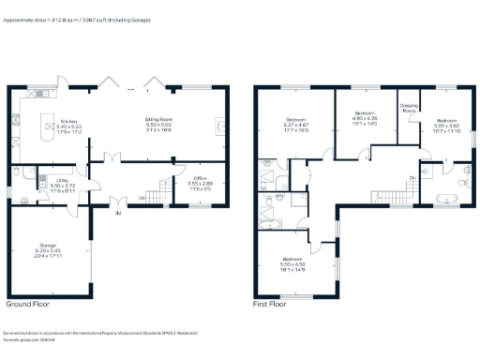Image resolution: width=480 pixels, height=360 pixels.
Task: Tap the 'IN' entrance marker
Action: (x=118, y=215)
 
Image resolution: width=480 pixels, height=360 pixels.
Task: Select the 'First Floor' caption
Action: (x=271, y=305)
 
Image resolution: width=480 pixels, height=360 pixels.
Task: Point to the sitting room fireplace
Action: (x=220, y=126)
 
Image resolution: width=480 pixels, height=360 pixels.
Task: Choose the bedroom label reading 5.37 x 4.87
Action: (x=296, y=126)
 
